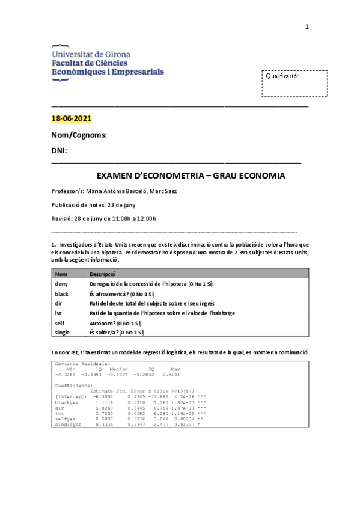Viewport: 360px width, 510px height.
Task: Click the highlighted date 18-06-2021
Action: [71, 118]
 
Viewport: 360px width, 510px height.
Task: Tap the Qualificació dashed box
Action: [294, 84]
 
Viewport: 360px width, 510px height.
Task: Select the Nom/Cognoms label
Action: [79, 135]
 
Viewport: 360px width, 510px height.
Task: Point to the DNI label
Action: [59, 150]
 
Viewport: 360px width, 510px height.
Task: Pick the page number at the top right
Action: [307, 26]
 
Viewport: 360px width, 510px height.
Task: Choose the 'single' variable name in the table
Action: [62, 332]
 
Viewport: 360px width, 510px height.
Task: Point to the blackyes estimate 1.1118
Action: [103, 402]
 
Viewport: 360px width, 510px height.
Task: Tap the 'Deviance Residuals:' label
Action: [82, 364]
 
